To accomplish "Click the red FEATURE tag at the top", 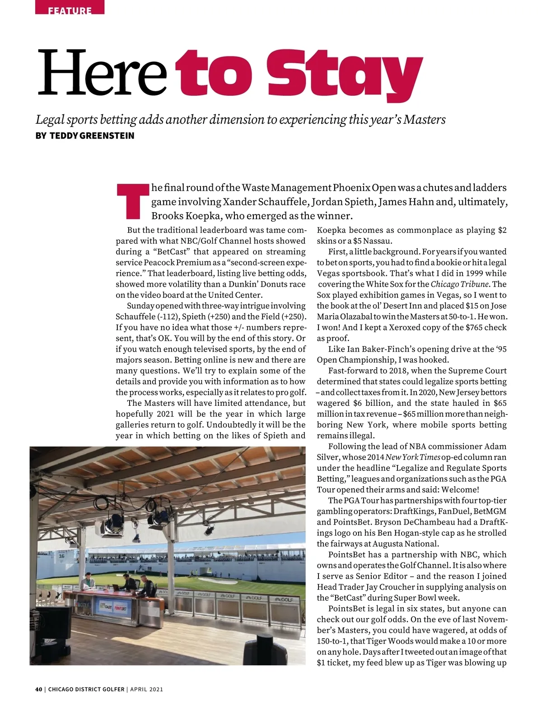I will click(x=70, y=9).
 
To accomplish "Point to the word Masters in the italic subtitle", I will click(x=424, y=120).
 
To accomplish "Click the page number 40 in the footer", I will click(x=39, y=689).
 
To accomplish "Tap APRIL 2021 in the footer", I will click(x=147, y=689).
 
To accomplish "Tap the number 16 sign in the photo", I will click(x=61, y=556).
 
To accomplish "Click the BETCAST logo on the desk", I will click(x=105, y=608).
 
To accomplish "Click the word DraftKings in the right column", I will click(x=414, y=512).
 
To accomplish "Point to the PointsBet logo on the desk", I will click(x=121, y=608).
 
